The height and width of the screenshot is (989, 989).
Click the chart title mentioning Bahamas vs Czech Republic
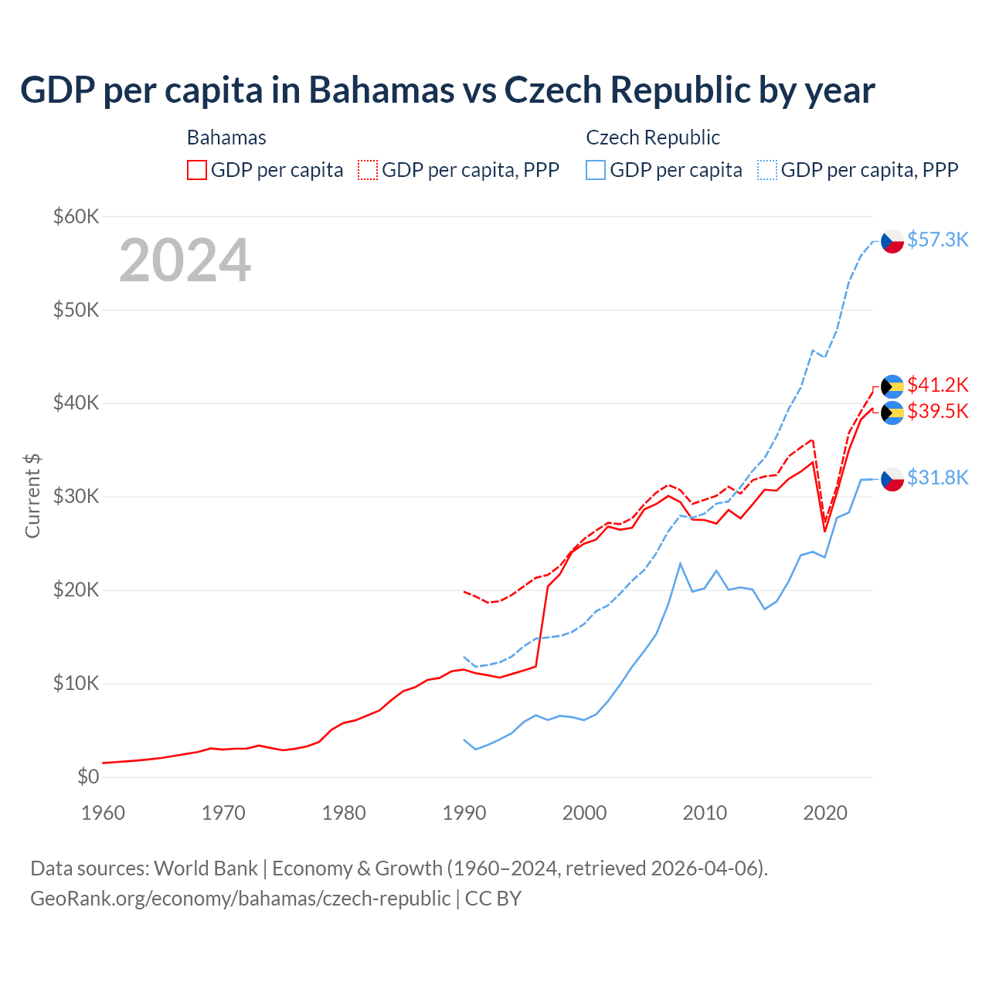(x=447, y=90)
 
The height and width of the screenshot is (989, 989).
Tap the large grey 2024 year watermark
(x=185, y=260)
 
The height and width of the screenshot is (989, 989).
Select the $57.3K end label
(x=937, y=240)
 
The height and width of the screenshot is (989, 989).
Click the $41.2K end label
(x=937, y=384)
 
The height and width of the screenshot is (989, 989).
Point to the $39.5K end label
(x=937, y=411)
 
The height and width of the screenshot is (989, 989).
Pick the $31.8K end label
(x=937, y=478)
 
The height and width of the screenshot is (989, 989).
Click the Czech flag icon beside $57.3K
(x=892, y=241)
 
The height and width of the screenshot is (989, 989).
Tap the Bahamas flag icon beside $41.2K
(x=892, y=386)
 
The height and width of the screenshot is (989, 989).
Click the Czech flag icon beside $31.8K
(x=892, y=479)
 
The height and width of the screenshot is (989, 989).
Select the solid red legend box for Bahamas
(x=197, y=170)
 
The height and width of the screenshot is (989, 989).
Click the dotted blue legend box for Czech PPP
(x=767, y=170)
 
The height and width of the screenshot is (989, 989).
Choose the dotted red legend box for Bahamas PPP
(x=368, y=170)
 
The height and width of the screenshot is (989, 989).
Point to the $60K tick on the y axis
(x=76, y=216)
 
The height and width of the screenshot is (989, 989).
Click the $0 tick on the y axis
(x=88, y=777)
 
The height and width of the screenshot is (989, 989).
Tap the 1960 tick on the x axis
(x=103, y=813)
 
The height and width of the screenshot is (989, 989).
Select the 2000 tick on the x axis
(x=584, y=813)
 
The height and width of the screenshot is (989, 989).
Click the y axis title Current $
(x=32, y=496)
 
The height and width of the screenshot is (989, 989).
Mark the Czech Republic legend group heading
(x=653, y=138)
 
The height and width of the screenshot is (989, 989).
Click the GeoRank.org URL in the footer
(x=240, y=899)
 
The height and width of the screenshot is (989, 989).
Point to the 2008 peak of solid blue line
(x=680, y=563)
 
